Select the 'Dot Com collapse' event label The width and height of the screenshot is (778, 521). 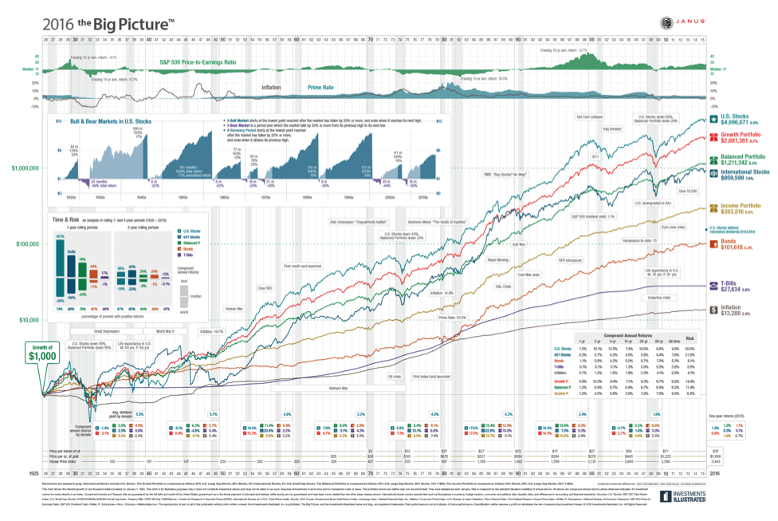pyautogui.click(x=590, y=117)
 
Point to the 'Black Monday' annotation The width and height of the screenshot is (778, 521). pyautogui.click(x=498, y=259)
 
